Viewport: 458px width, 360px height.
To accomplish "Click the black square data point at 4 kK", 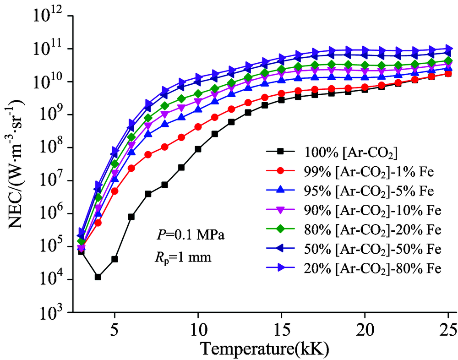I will point(98,277).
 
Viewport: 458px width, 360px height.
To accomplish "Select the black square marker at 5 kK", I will point(114,259).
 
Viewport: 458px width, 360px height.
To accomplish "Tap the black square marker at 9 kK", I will point(181,167).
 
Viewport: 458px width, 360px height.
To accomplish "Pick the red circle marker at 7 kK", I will point(148,155).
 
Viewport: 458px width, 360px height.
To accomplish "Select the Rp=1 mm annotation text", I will point(180,257).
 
